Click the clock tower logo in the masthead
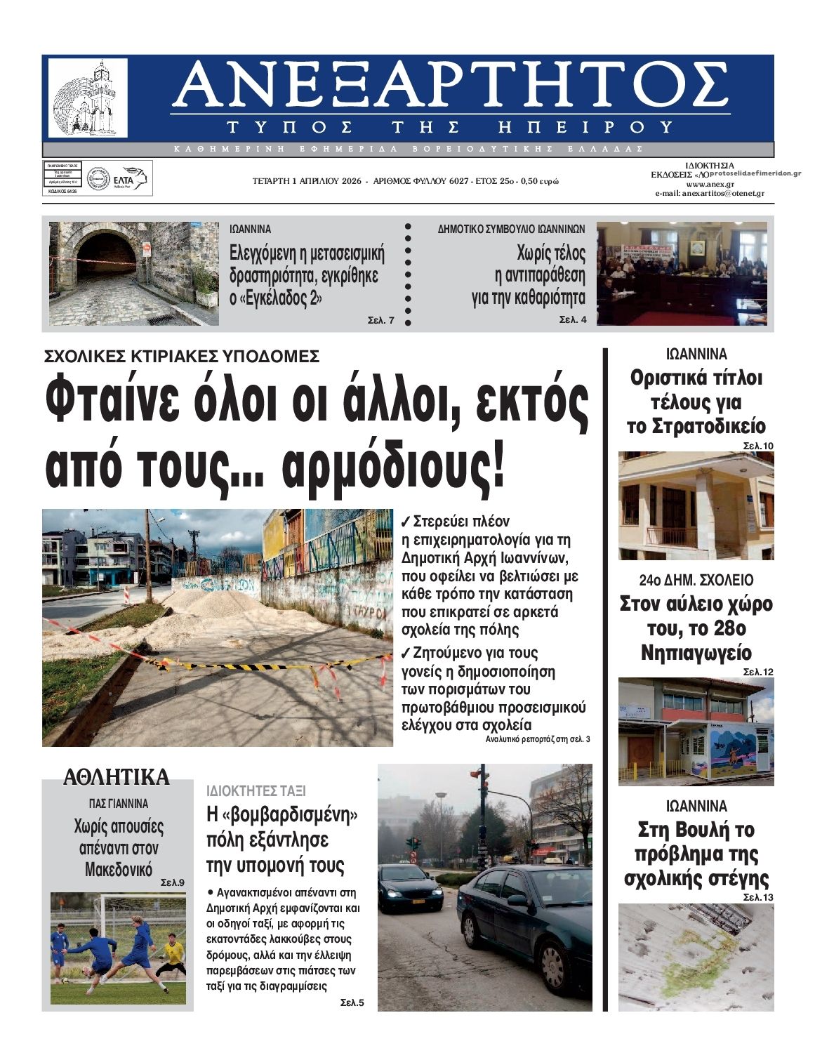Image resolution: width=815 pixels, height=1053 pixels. tap(88, 97)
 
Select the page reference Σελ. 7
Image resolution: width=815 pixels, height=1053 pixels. tap(381, 321)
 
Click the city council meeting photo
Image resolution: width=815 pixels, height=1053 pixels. tap(681, 273)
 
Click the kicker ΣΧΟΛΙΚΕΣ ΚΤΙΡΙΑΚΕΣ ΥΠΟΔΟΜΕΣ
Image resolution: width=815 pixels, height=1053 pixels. tap(182, 355)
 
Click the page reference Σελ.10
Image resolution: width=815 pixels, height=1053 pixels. tap(757, 446)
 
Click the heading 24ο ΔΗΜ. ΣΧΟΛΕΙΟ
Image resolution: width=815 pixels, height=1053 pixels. tap(696, 580)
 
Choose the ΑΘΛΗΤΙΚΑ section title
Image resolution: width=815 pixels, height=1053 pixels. tap(117, 777)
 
